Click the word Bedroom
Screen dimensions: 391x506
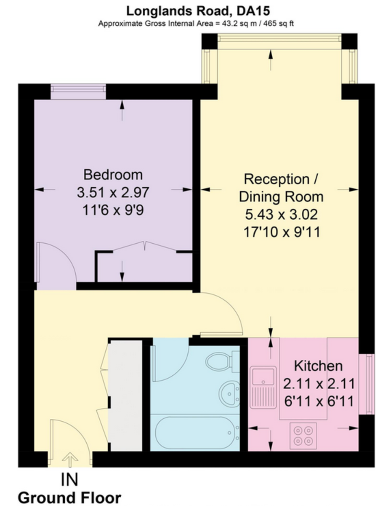(113, 175)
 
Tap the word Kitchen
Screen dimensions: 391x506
(318, 366)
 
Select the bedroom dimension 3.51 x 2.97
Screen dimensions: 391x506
(113, 193)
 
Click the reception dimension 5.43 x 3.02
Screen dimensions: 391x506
(281, 214)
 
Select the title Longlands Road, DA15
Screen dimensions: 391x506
(198, 11)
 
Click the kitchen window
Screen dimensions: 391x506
(367, 384)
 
